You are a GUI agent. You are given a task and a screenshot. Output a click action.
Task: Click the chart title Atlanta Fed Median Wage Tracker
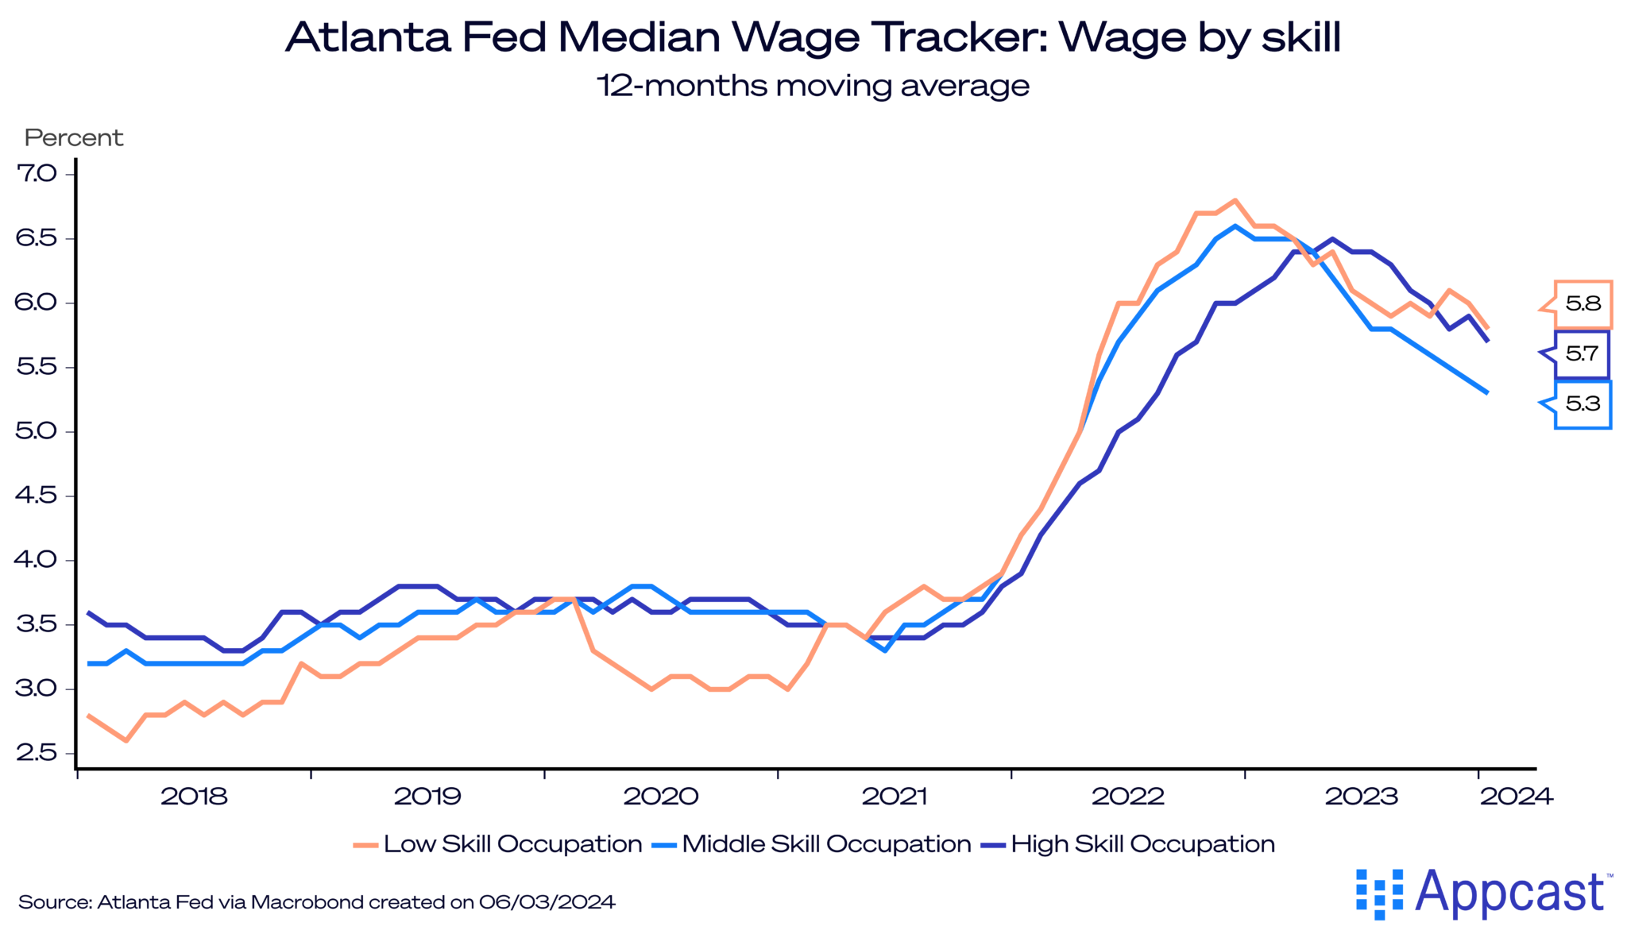pos(813,37)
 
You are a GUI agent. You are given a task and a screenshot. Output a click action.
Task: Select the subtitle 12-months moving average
pos(813,86)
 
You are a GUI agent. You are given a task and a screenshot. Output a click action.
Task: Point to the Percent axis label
pos(74,138)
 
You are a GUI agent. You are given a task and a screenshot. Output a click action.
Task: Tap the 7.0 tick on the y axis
pos(37,173)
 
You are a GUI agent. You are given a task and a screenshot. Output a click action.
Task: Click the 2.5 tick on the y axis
pos(37,753)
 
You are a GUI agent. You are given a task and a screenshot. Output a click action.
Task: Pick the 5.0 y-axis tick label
pos(37,431)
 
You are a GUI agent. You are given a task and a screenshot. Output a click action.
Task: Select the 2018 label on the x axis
pos(194,797)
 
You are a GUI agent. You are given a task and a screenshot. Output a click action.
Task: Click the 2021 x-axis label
pos(895,797)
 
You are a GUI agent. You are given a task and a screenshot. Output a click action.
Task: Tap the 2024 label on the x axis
pos(1516,797)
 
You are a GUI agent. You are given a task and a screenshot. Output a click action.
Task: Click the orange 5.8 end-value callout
pos(1583,303)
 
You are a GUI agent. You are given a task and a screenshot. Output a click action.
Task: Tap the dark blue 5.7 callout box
pos(1581,354)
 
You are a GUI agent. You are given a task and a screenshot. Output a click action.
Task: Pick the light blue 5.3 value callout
pos(1583,404)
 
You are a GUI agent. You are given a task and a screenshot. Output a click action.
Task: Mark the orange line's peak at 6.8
pos(1235,200)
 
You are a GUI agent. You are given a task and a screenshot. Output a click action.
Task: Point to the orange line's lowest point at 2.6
pos(126,740)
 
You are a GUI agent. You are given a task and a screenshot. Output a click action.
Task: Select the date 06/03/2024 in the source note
pos(547,902)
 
